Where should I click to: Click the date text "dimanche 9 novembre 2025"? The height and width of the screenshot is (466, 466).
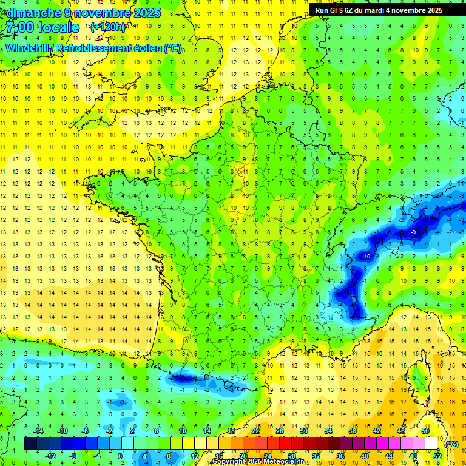coord(83,13)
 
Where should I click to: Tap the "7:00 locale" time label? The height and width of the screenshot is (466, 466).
coord(41,27)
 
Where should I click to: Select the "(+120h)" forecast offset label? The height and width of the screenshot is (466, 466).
coord(108,27)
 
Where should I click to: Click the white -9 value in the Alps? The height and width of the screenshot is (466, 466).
coord(413,232)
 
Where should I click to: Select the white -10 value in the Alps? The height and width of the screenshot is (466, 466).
coord(366,257)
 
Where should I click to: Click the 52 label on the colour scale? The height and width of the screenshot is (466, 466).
coord(437,456)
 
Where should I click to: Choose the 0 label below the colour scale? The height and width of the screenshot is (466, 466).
coord(120,456)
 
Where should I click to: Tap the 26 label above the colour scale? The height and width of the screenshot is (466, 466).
coord(279,431)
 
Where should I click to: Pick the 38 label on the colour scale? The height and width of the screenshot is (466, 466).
coord(352,431)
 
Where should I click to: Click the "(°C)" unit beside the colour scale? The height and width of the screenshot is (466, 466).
coord(451,444)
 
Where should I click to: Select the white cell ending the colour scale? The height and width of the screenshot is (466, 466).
coord(431,444)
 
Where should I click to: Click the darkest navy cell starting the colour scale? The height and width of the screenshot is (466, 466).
coord(30,444)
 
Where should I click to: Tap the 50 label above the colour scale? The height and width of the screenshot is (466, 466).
coord(425,431)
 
